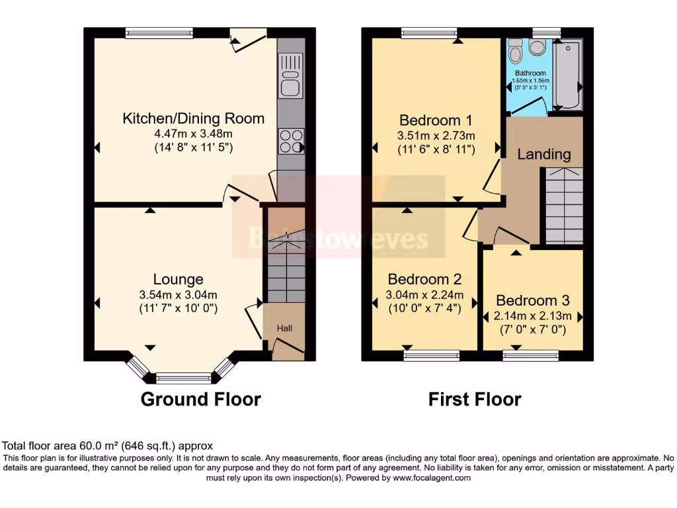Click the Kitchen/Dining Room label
[x=193, y=119]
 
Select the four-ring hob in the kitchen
[x=291, y=141]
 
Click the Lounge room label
[x=178, y=279]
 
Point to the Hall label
[x=284, y=328]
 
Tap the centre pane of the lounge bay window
[x=182, y=378]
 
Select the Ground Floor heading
[x=200, y=400]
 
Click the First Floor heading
[x=474, y=400]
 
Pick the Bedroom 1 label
[x=436, y=120]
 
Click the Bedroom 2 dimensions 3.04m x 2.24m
[x=425, y=295]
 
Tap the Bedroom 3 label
[x=532, y=300]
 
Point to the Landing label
[x=543, y=154]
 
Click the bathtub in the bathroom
[x=567, y=74]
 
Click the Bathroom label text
[x=530, y=73]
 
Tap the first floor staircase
[x=563, y=205]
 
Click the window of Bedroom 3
[x=530, y=356]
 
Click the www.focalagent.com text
[x=431, y=478]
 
